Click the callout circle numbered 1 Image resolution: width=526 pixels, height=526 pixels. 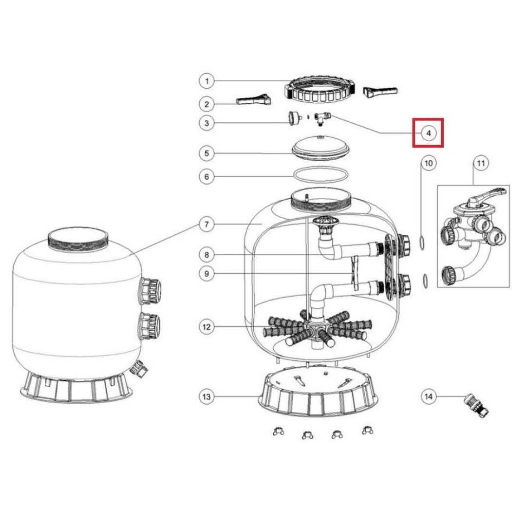pyautogui.click(x=207, y=81)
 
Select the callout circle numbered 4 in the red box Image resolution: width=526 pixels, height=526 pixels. pyautogui.click(x=428, y=133)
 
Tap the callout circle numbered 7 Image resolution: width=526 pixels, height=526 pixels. pyautogui.click(x=207, y=224)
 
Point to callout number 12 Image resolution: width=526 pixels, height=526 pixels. pyautogui.click(x=207, y=327)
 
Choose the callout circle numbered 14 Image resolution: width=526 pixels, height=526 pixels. pyautogui.click(x=429, y=397)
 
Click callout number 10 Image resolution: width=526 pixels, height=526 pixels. pyautogui.click(x=429, y=163)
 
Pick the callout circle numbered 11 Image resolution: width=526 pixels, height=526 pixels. pyautogui.click(x=481, y=163)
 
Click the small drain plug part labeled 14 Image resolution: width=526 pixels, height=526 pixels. pyautogui.click(x=476, y=405)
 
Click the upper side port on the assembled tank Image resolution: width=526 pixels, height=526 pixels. pyautogui.click(x=150, y=291)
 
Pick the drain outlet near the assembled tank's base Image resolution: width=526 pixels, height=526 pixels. pyautogui.click(x=139, y=369)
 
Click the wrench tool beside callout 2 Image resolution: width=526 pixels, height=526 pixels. pyautogui.click(x=253, y=100)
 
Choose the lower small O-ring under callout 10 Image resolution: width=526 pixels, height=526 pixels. pyautogui.click(x=425, y=281)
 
